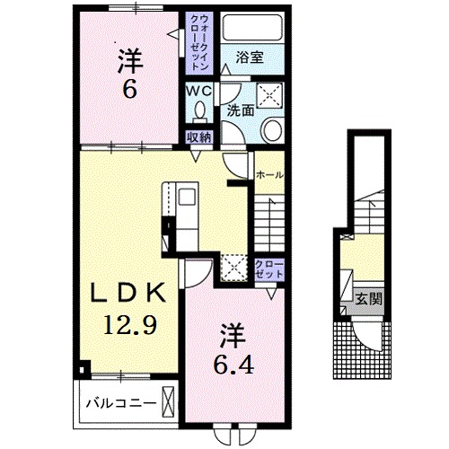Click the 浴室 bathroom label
pyautogui.click(x=250, y=57)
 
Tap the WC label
pyautogui.click(x=199, y=91)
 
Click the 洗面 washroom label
pyautogui.click(x=241, y=111)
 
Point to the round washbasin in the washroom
pyautogui.click(x=271, y=130)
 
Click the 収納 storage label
pyautogui.click(x=199, y=137)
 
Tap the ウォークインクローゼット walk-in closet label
pyautogui.click(x=199, y=43)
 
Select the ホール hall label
pyautogui.click(x=269, y=175)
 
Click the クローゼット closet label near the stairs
pyautogui.click(x=269, y=269)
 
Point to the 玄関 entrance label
pyautogui.click(x=368, y=299)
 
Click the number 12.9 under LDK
pyautogui.click(x=130, y=325)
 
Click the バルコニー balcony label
pyautogui.click(x=121, y=404)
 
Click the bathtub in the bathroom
pyautogui.click(x=252, y=28)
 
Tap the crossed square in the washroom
pyautogui.click(x=270, y=94)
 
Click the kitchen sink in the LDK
pyautogui.click(x=187, y=197)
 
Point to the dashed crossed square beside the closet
pyautogui.click(x=234, y=268)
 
